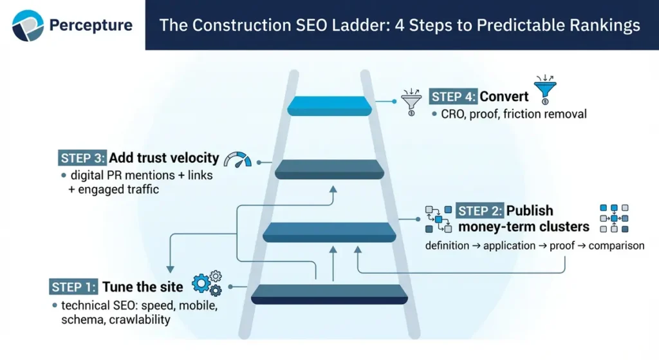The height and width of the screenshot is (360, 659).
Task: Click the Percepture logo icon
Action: pyautogui.click(x=27, y=25)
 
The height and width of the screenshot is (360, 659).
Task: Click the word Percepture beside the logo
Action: pyautogui.click(x=91, y=26)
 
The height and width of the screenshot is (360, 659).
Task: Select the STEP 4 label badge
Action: pyautogui.click(x=452, y=97)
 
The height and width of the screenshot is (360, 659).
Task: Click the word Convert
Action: pyautogui.click(x=504, y=97)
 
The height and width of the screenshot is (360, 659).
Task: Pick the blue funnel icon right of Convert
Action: pyautogui.click(x=545, y=90)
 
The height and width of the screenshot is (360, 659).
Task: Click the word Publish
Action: pyautogui.click(x=529, y=211)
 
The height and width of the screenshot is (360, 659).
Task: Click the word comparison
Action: pyautogui.click(x=616, y=245)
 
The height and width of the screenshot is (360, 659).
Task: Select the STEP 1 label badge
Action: pyautogui.click(x=73, y=287)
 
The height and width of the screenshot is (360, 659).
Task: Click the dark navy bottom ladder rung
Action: pyautogui.click(x=329, y=294)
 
